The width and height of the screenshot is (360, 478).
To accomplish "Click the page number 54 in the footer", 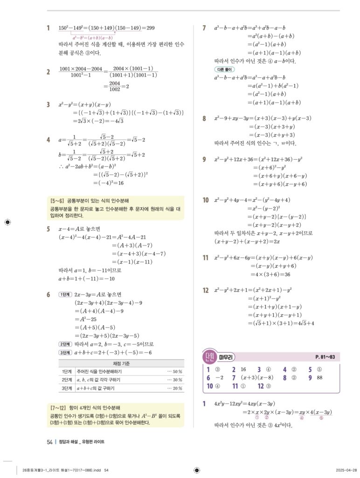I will [49, 442].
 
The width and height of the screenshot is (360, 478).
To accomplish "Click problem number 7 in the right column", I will [204, 28].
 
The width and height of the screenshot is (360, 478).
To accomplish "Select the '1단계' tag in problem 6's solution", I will [65, 295].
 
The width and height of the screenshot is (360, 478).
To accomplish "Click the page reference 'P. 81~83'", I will [325, 358].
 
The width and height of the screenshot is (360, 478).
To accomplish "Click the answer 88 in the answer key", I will [319, 378].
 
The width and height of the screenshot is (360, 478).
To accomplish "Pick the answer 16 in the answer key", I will [243, 370].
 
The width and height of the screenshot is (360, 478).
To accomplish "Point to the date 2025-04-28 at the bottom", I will [346, 470].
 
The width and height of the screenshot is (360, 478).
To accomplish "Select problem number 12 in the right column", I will [205, 290].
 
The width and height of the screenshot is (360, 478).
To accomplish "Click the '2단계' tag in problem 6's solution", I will [65, 344].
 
